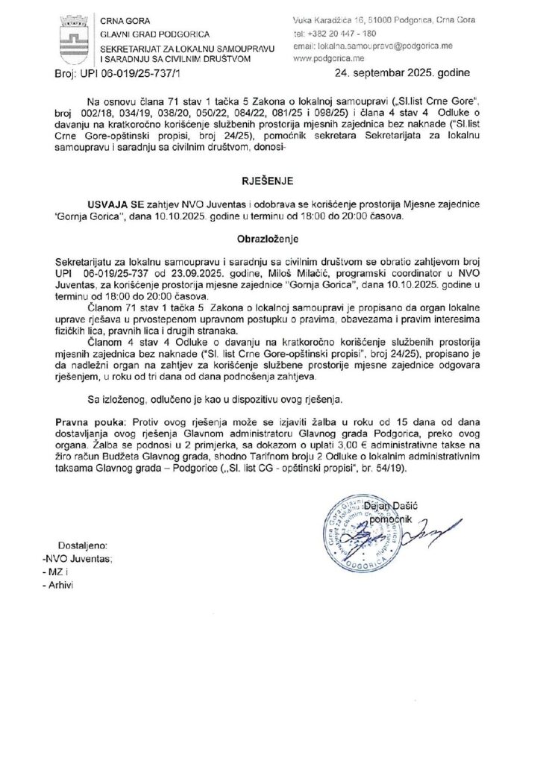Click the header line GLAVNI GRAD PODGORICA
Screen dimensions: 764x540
coord(156,34)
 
